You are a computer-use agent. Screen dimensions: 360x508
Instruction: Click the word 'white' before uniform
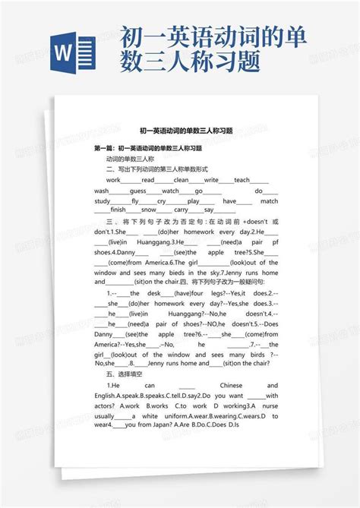pyautogui.click(x=150, y=416)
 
